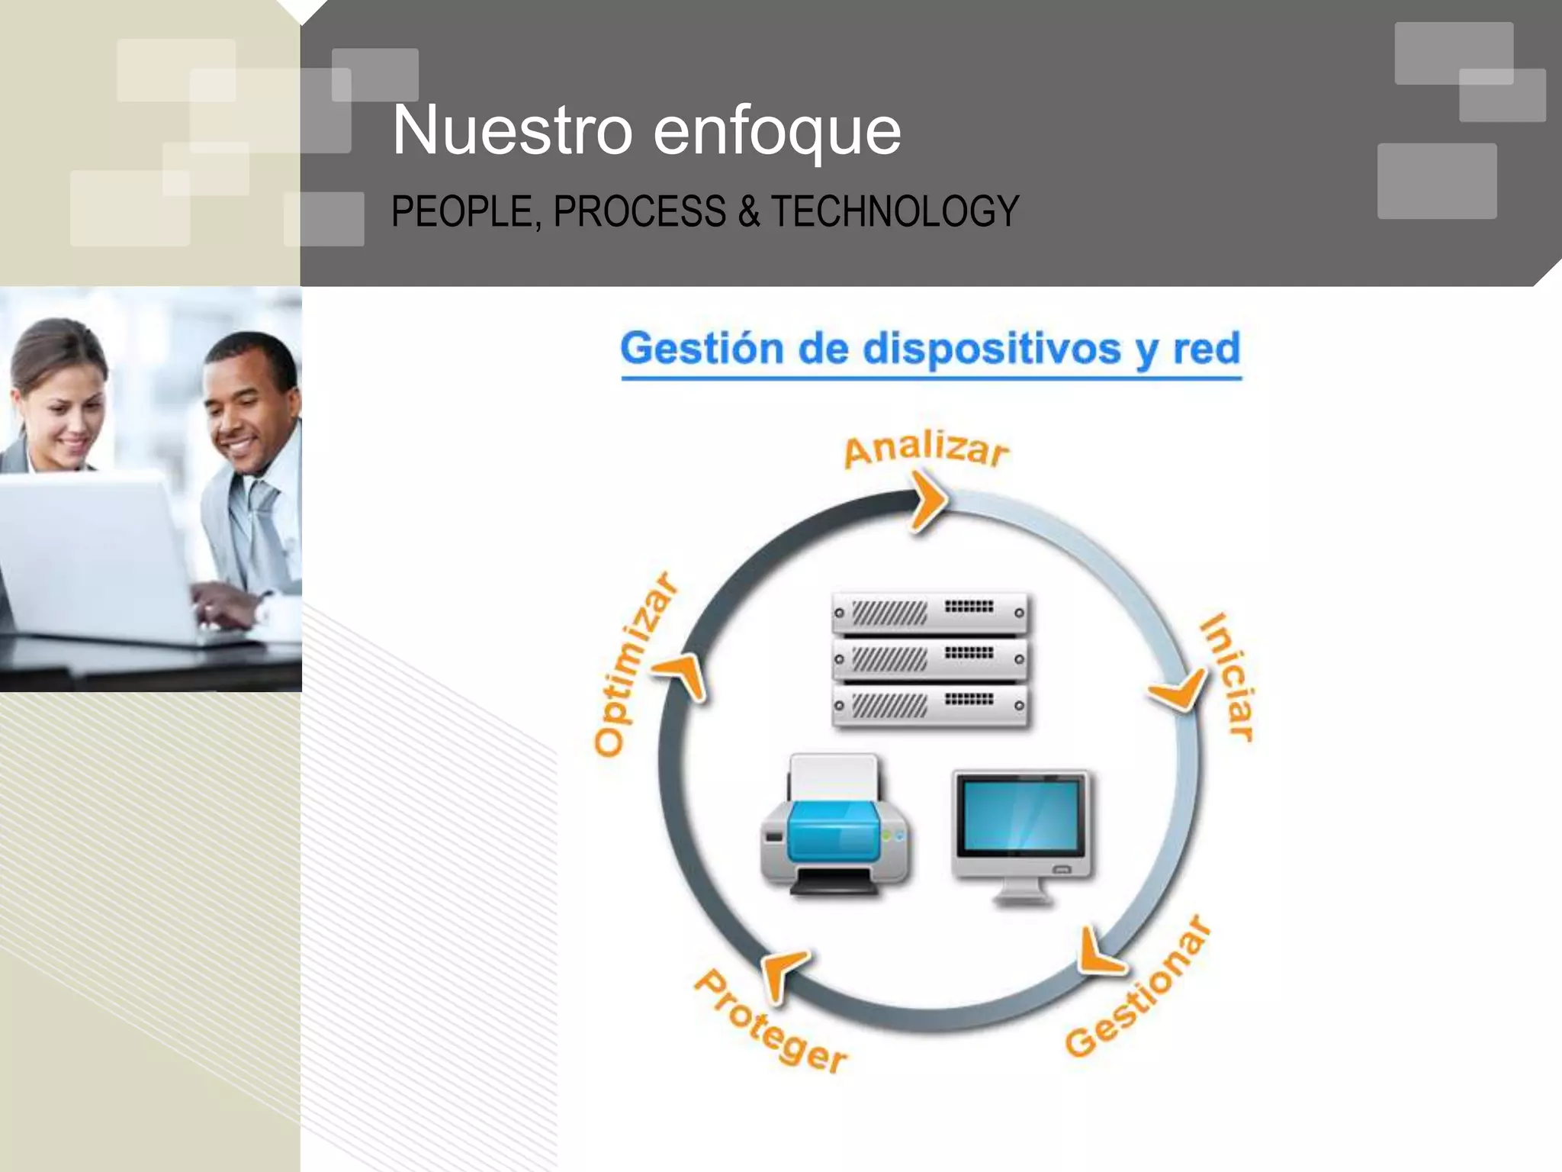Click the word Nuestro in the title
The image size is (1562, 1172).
pyautogui.click(x=512, y=130)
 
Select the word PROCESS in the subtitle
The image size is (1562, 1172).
pyautogui.click(x=639, y=211)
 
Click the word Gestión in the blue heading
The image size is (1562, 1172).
pyautogui.click(x=702, y=349)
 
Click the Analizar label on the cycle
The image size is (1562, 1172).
pyautogui.click(x=926, y=449)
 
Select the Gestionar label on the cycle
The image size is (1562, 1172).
pyautogui.click(x=1137, y=989)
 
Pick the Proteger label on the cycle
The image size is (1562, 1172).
pyautogui.click(x=770, y=1022)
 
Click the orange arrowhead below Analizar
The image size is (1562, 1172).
pyautogui.click(x=928, y=501)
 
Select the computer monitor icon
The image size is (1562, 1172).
pyautogui.click(x=1022, y=832)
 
